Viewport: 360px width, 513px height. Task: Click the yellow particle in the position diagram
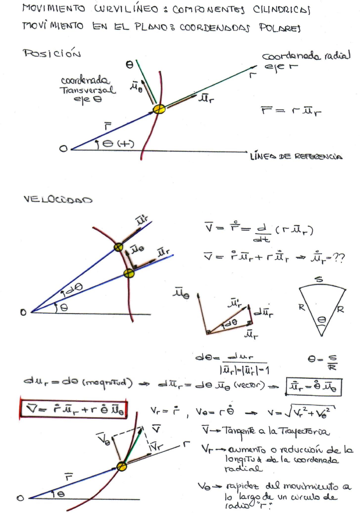(159, 109)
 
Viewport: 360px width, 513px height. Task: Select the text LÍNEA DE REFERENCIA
(296, 156)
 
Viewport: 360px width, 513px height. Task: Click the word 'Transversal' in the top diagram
(87, 90)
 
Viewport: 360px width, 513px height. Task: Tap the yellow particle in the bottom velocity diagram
(122, 466)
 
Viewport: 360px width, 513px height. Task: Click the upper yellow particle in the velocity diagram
(118, 247)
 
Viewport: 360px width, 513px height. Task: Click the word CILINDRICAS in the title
(282, 10)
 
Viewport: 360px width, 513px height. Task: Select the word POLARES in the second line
(280, 28)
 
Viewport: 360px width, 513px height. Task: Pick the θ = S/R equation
(323, 362)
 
